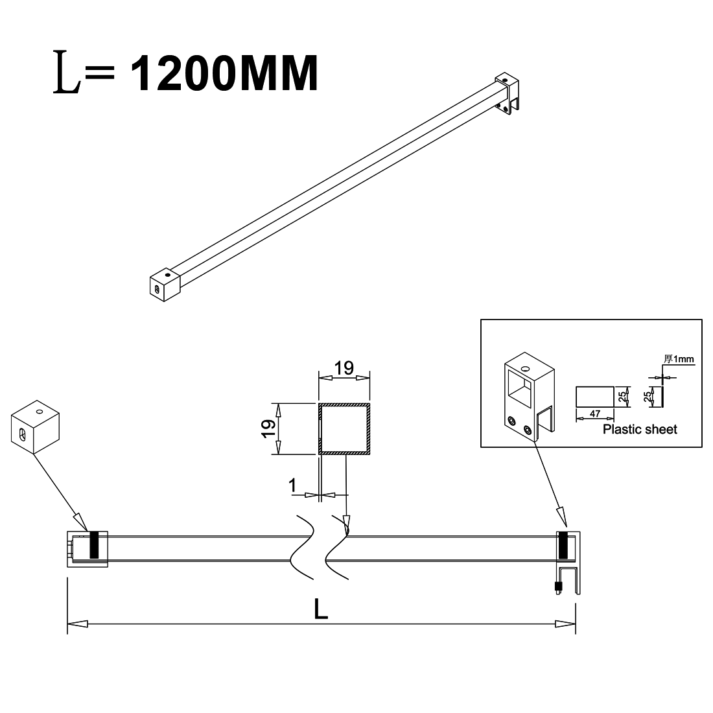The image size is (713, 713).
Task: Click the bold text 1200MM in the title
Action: pyautogui.click(x=225, y=74)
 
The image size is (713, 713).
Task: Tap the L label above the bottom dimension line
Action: pyautogui.click(x=321, y=609)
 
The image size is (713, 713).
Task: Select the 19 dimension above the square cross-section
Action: pyautogui.click(x=344, y=368)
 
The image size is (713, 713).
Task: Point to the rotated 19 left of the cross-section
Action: pyautogui.click(x=268, y=428)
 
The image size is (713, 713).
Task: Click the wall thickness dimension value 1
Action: pyautogui.click(x=292, y=485)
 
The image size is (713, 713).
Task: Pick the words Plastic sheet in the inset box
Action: pyautogui.click(x=640, y=429)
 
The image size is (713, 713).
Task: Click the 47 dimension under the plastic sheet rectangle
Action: pyautogui.click(x=595, y=414)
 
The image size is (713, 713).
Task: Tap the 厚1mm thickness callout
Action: pyautogui.click(x=679, y=359)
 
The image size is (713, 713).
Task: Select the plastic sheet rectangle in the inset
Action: pyautogui.click(x=595, y=397)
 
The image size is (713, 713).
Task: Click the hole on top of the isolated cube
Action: pyautogui.click(x=39, y=412)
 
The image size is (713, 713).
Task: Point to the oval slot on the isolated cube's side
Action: pyautogui.click(x=22, y=435)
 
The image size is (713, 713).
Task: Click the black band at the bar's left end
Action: pyautogui.click(x=95, y=545)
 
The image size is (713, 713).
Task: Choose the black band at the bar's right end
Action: pyautogui.click(x=563, y=545)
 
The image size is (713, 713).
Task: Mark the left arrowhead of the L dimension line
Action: pyautogui.click(x=77, y=624)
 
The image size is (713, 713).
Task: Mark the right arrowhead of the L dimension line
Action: pyautogui.click(x=565, y=624)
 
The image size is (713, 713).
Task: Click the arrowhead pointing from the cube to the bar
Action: pyautogui.click(x=80, y=522)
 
